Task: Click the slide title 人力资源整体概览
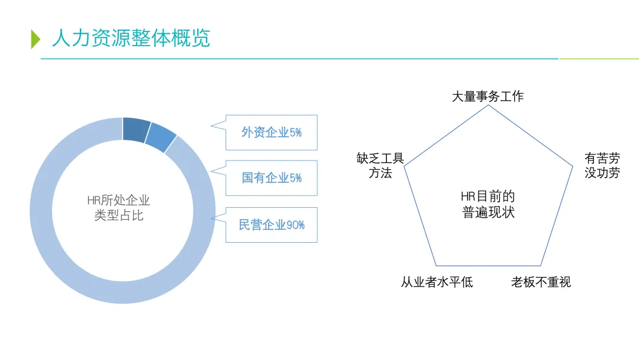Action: (x=131, y=38)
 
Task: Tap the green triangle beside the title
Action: (x=35, y=38)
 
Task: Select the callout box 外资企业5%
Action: (x=272, y=132)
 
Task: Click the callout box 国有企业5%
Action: (x=272, y=178)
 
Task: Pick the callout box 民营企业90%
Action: (x=272, y=225)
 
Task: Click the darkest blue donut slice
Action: (x=137, y=129)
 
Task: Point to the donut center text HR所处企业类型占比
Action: (x=119, y=208)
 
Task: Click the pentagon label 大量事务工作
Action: (x=488, y=97)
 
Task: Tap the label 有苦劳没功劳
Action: (x=602, y=166)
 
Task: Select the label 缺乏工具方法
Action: (x=380, y=166)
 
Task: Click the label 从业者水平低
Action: (x=437, y=282)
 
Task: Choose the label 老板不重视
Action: (x=541, y=282)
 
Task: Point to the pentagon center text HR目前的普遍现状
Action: (x=488, y=204)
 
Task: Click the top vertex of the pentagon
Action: (x=488, y=105)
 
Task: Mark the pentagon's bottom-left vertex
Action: (x=436, y=266)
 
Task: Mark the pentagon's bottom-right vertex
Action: (x=540, y=266)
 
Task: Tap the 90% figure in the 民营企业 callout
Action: (x=295, y=225)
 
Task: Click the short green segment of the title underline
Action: (x=599, y=59)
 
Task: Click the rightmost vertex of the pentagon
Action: (x=573, y=166)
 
